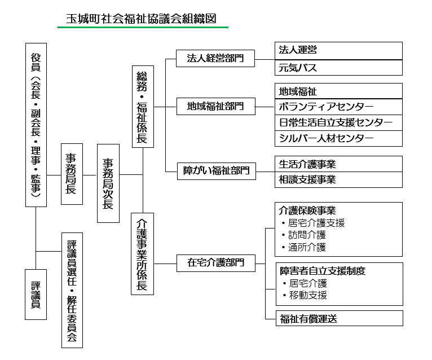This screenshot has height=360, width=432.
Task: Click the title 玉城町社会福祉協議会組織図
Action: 141,19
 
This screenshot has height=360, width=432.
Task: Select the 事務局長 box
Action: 72,174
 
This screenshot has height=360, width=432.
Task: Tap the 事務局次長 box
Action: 108,183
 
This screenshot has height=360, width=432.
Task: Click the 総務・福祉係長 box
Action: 143,107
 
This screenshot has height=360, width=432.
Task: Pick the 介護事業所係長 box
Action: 142,254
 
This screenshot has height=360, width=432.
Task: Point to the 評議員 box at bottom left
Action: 36,295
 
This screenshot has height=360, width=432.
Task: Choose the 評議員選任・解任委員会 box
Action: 72,290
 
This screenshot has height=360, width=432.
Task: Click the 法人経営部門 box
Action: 215,58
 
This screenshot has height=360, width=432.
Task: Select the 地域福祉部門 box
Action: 216,106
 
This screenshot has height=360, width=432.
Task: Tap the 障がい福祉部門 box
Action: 216,171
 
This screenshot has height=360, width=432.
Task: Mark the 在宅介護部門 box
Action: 216,263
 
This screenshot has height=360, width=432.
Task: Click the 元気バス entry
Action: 338,68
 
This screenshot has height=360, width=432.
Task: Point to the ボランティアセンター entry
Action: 338,107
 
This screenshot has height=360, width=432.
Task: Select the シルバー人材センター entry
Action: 338,138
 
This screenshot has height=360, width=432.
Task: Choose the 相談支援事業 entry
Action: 338,180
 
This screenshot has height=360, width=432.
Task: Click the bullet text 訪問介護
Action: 307,235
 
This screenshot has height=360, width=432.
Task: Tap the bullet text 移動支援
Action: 308,295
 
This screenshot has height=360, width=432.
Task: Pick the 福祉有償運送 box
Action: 340,318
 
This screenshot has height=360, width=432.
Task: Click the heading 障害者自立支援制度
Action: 323,271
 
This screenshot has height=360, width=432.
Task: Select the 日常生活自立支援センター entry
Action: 338,122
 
